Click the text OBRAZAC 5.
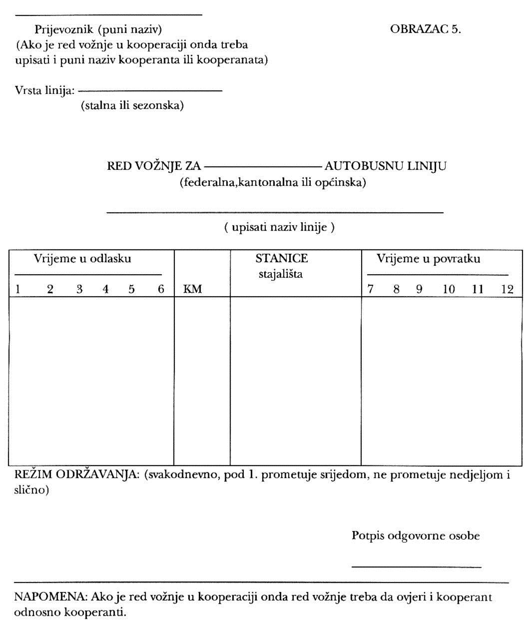(x=425, y=29)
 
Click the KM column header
(x=193, y=289)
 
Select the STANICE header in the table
(x=281, y=259)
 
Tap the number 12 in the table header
(x=507, y=289)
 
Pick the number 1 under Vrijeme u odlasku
(x=17, y=289)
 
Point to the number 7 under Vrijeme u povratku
(x=371, y=289)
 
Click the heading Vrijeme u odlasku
(x=82, y=259)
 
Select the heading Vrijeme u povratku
(x=428, y=259)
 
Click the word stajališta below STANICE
(x=280, y=274)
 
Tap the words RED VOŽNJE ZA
(x=154, y=166)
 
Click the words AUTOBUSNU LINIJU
(x=386, y=166)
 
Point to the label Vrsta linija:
(x=45, y=91)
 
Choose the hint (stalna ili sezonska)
(x=132, y=106)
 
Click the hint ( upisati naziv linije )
(x=279, y=228)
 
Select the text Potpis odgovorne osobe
(x=416, y=536)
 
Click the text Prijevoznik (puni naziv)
(x=98, y=29)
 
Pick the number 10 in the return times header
(x=449, y=289)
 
